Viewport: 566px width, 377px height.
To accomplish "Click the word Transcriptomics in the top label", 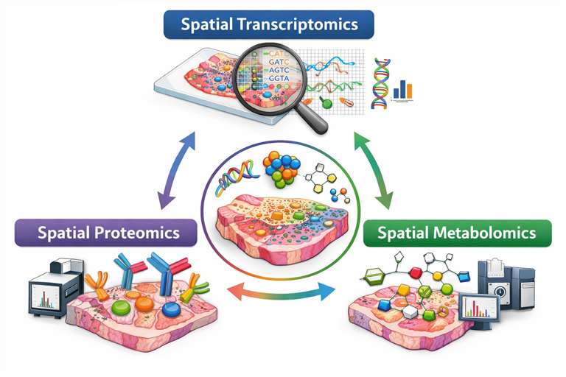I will [x=298, y=24].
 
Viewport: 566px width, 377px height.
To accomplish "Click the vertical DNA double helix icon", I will [x=382, y=83].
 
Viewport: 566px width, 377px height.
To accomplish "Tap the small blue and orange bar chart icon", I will [x=402, y=90].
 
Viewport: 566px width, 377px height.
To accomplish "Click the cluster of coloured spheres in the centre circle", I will [x=281, y=169].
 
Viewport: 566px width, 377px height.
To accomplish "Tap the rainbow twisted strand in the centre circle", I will [x=234, y=181].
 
